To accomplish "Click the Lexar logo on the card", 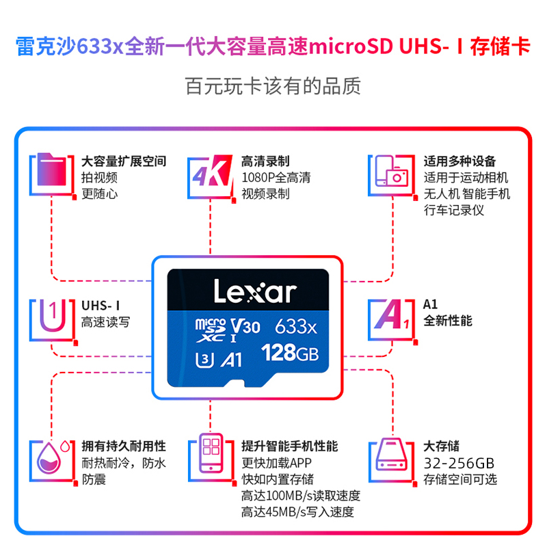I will pos(254,292).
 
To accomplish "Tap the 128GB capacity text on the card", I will pos(291,353).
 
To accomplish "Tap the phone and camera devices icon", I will pos(391,174).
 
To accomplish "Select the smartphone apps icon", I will pos(212,453).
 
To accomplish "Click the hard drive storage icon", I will pos(390,455).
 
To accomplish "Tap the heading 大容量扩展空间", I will pos(124,161).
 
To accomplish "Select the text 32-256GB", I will pos(458,462).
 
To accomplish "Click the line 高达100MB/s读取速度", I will pos(300,496).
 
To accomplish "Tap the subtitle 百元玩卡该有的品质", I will pos(273,86).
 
